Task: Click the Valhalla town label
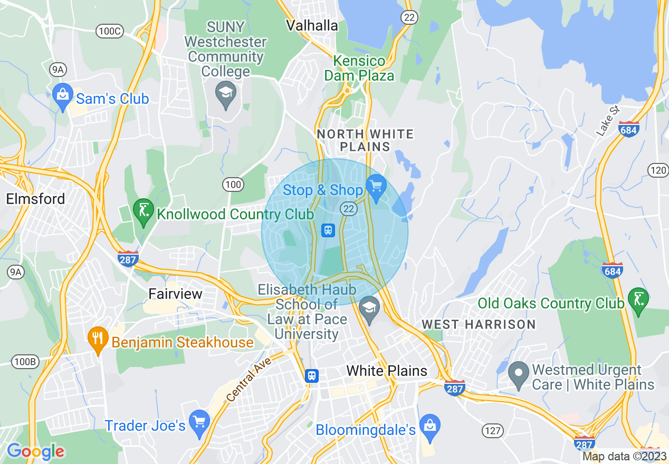pyautogui.click(x=311, y=25)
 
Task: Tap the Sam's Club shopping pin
pyautogui.click(x=63, y=96)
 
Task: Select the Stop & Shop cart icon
pyautogui.click(x=376, y=187)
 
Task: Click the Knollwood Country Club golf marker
pyautogui.click(x=144, y=211)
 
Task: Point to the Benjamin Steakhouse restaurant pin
pyautogui.click(x=97, y=339)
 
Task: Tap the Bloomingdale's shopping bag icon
pyautogui.click(x=430, y=427)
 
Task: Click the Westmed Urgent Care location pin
pyautogui.click(x=519, y=373)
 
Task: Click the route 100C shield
pyautogui.click(x=110, y=31)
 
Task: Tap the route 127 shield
pyautogui.click(x=492, y=431)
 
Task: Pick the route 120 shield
pyautogui.click(x=657, y=170)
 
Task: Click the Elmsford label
pyautogui.click(x=36, y=199)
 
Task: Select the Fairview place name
pyautogui.click(x=175, y=294)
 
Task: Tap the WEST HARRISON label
pyautogui.click(x=479, y=324)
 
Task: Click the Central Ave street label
pyautogui.click(x=249, y=379)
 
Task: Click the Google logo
pyautogui.click(x=35, y=451)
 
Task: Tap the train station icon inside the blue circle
pyautogui.click(x=328, y=230)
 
